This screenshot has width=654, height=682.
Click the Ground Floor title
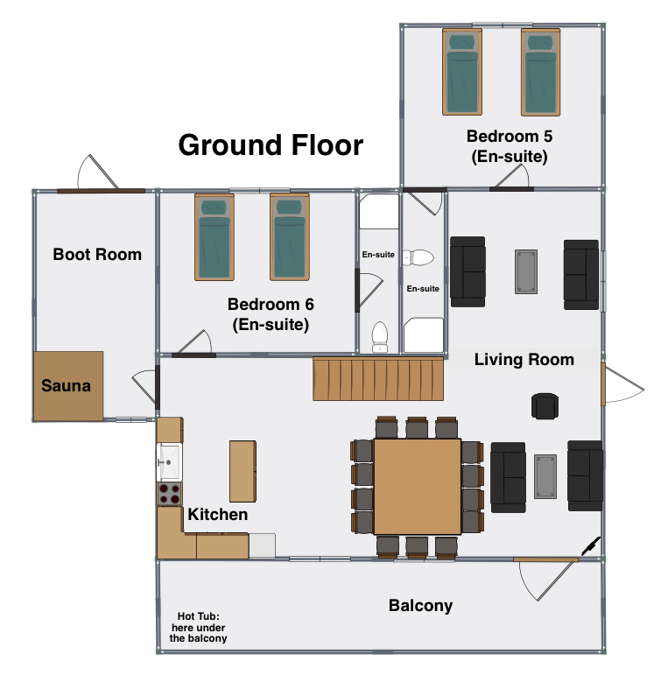click(271, 145)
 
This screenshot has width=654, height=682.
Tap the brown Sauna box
click(68, 386)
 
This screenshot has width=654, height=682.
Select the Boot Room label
click(97, 255)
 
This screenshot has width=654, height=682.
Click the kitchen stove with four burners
click(170, 493)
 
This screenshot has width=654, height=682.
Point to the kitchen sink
click(169, 462)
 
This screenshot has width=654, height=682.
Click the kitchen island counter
click(243, 471)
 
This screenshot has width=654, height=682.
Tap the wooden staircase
click(378, 378)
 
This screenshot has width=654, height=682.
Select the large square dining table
click(417, 486)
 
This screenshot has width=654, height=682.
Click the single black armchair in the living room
click(545, 406)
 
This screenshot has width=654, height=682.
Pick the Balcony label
click(420, 606)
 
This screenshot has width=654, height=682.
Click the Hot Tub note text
click(198, 627)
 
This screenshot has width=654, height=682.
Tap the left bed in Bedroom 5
click(462, 72)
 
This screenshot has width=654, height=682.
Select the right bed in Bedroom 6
click(290, 237)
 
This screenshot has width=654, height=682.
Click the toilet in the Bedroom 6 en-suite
click(380, 337)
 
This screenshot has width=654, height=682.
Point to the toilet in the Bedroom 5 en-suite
click(418, 258)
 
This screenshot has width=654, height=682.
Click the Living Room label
click(524, 360)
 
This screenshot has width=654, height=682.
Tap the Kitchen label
click(218, 515)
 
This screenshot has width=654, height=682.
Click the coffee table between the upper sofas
click(526, 272)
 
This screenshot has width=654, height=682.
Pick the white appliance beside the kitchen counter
click(262, 545)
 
